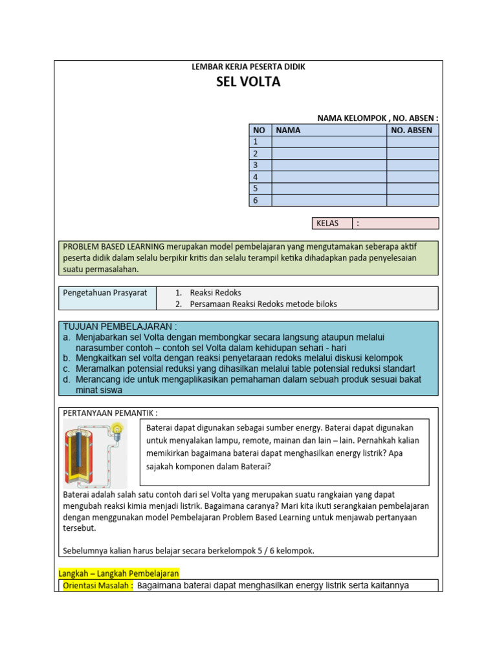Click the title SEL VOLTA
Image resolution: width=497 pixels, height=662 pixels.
click(x=248, y=82)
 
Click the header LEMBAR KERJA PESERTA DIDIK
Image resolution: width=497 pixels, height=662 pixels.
click(x=248, y=67)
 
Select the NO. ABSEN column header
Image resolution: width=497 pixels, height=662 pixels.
click(x=412, y=130)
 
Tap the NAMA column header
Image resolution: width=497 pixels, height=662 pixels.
click(x=288, y=130)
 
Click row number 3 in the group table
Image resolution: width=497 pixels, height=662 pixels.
click(x=256, y=165)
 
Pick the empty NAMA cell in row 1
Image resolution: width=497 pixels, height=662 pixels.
click(x=329, y=142)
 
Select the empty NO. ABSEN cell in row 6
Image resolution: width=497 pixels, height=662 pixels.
click(x=412, y=200)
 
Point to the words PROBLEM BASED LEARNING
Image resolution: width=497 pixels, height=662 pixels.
click(x=113, y=246)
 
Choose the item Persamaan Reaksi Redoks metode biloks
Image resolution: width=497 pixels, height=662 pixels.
click(x=257, y=304)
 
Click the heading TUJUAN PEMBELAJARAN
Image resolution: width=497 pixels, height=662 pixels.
click(x=120, y=326)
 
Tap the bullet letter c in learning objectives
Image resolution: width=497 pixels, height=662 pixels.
click(x=67, y=368)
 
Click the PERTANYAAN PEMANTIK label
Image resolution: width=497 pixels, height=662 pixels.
click(x=111, y=413)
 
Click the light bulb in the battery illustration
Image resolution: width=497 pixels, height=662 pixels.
click(x=117, y=428)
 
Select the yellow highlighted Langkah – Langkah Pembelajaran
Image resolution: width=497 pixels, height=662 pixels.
click(x=119, y=573)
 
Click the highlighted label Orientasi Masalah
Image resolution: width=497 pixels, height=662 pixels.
click(x=98, y=586)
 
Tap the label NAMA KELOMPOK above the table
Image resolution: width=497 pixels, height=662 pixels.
click(x=350, y=118)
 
